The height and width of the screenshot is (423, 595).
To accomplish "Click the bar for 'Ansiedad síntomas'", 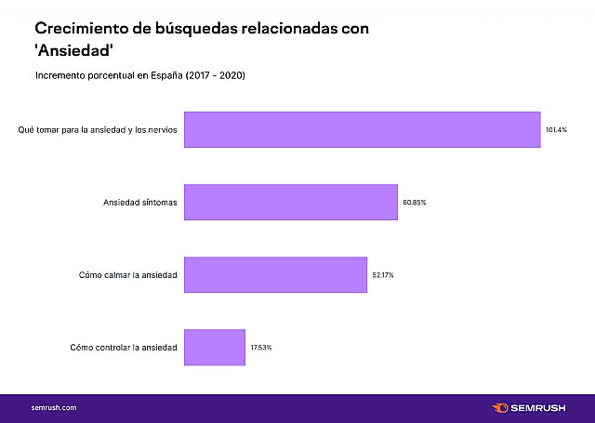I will pyautogui.click(x=290, y=202).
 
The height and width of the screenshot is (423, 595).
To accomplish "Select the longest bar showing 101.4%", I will pyautogui.click(x=362, y=129).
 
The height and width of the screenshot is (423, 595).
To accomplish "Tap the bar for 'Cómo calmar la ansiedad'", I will pyautogui.click(x=275, y=274).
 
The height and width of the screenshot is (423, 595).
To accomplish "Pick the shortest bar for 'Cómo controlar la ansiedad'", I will pyautogui.click(x=214, y=347).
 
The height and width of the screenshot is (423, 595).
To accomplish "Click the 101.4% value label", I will pyautogui.click(x=556, y=129).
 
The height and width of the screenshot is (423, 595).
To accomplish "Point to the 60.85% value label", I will pyautogui.click(x=414, y=202).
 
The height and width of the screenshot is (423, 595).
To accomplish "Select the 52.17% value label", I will pyautogui.click(x=384, y=274).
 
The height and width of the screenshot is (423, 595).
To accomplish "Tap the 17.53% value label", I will pyautogui.click(x=261, y=347).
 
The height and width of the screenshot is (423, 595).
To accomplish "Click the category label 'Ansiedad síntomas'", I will pyautogui.click(x=139, y=202).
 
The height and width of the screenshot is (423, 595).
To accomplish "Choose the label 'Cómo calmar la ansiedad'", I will pyautogui.click(x=125, y=274).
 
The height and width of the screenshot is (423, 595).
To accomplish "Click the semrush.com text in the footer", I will pyautogui.click(x=53, y=407).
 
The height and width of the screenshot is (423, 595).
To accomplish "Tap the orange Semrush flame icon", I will pyautogui.click(x=499, y=407).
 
